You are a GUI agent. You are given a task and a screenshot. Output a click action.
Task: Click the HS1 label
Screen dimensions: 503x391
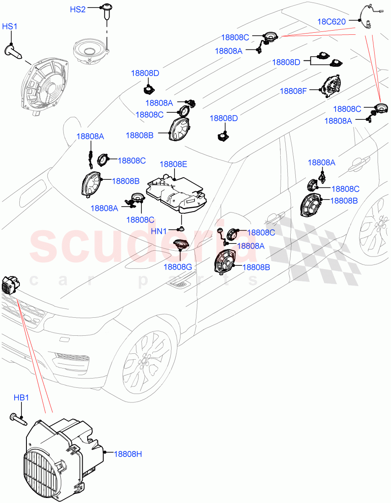(x=10, y=26)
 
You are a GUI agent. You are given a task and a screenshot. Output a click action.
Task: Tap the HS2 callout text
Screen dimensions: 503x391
(x=78, y=9)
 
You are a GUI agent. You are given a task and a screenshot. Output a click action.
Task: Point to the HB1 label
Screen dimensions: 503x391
(x=21, y=398)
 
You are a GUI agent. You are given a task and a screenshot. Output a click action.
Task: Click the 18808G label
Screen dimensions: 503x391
(x=177, y=267)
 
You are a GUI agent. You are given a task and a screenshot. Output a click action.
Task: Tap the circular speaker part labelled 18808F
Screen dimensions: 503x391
(x=331, y=86)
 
